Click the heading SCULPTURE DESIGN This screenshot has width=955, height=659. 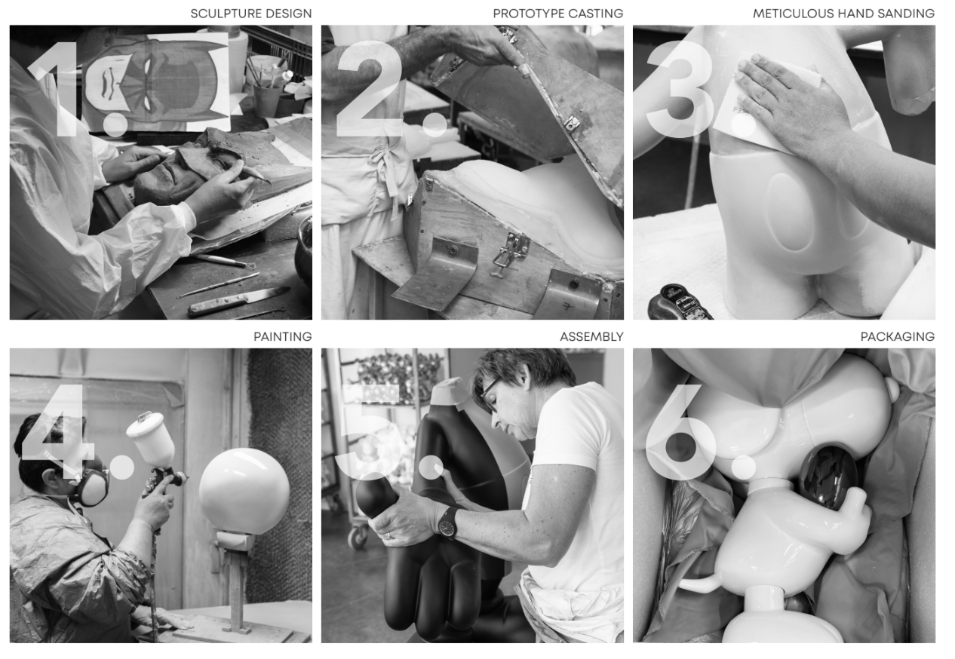coord(250,14)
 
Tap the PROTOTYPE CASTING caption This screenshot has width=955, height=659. coord(557,14)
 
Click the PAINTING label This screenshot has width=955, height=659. coord(283,337)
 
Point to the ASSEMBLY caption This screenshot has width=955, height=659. coord(591,337)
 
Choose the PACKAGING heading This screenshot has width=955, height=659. coord(898,337)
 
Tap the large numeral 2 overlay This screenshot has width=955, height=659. coord(370,89)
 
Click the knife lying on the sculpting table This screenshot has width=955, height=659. coord(239,301)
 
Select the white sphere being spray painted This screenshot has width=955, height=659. coord(244,491)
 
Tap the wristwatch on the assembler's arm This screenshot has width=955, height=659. coord(449,523)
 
